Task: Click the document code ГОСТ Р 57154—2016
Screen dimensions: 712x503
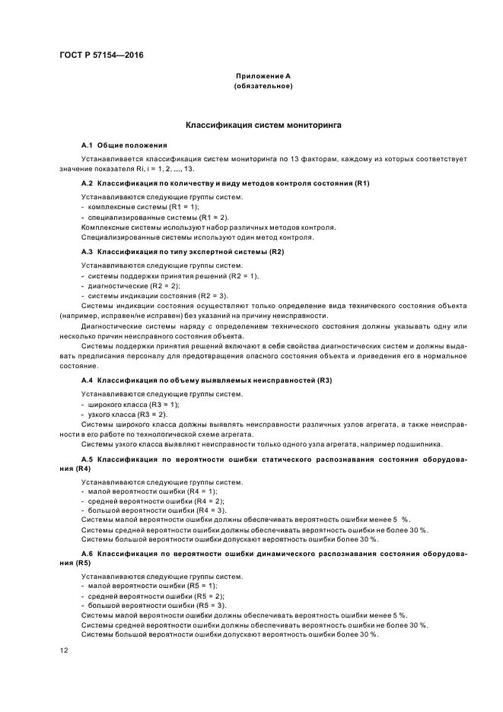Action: (x=100, y=56)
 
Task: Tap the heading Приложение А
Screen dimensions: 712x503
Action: (x=263, y=76)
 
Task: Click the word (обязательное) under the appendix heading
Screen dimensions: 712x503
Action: (x=263, y=86)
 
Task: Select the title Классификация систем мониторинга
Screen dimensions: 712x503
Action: (x=263, y=123)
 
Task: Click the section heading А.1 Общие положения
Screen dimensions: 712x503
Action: (x=124, y=145)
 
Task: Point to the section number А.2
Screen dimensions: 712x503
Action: (x=87, y=184)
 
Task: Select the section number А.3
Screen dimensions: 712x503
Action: (x=87, y=251)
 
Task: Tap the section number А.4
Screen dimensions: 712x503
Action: (x=87, y=380)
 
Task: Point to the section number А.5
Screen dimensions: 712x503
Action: (x=87, y=460)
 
